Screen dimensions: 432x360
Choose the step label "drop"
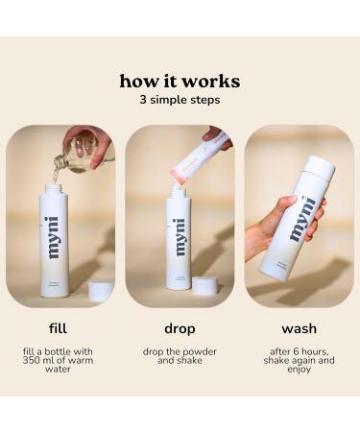[180, 327]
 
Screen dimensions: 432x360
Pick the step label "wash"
[299, 327]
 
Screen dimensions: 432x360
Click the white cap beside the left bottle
[99, 290]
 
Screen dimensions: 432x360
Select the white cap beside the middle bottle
[204, 285]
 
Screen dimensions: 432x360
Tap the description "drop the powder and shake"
[180, 357]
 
